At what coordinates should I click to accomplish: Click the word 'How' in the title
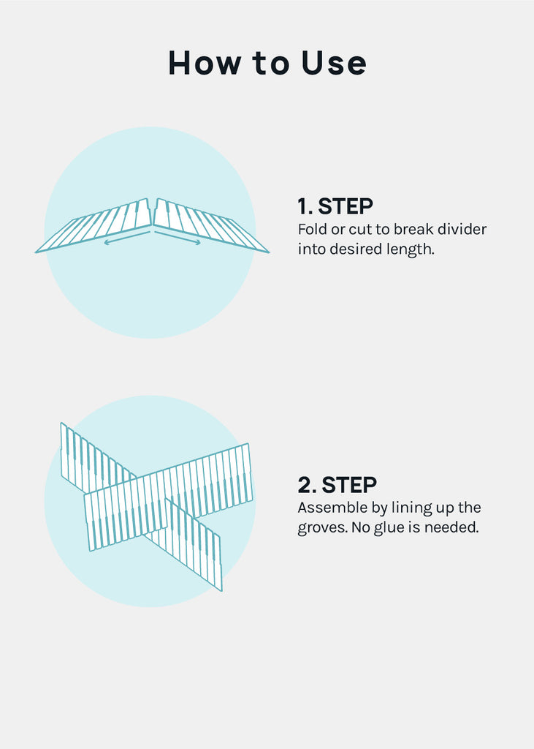coord(205,63)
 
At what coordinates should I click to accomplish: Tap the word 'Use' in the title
coord(334,63)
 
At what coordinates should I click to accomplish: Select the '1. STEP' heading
coord(335,206)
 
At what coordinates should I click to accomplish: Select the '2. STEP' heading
coord(337,485)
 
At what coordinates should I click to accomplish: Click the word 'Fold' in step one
coord(313,229)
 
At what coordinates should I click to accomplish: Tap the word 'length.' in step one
coord(411,249)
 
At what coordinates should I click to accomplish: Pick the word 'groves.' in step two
coord(322,528)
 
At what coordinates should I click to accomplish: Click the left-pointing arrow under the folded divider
coord(127,238)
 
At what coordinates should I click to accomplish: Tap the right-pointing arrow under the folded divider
coord(178,238)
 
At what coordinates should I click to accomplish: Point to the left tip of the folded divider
coord(36,252)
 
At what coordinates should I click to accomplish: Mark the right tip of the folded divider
coord(269,252)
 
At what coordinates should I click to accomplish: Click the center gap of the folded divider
coord(152,213)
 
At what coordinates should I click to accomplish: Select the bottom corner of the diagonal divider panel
coord(221,590)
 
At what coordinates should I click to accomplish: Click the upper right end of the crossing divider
coord(248,445)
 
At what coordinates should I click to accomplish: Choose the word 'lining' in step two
coord(411,508)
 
